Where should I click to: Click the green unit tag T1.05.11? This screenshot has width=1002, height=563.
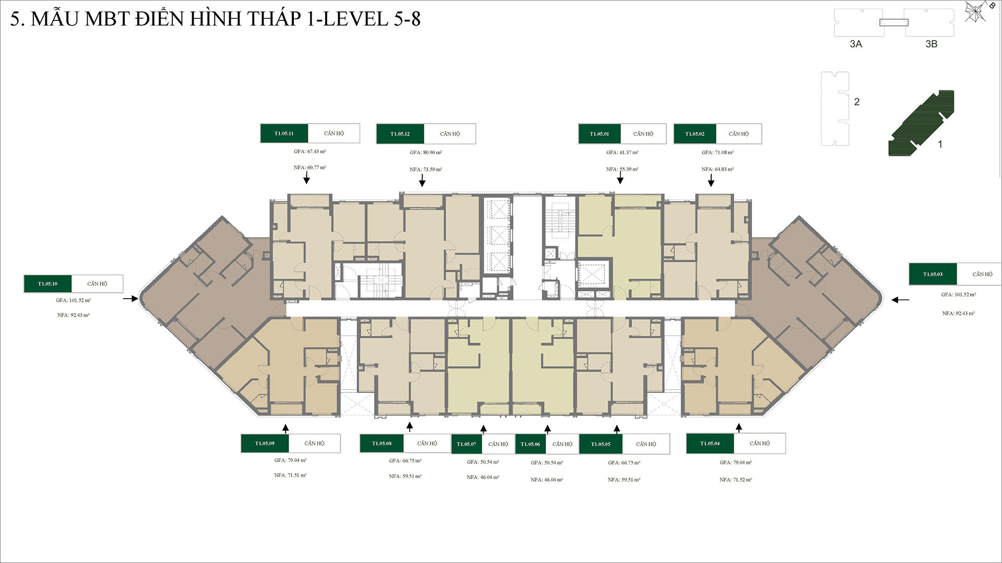click(x=284, y=133)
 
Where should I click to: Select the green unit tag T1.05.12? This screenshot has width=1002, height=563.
click(x=400, y=134)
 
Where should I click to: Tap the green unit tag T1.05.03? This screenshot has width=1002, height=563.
click(x=933, y=274)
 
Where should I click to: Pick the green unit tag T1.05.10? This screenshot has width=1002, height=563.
click(x=47, y=284)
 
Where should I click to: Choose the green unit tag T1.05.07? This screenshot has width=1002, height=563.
click(x=467, y=444)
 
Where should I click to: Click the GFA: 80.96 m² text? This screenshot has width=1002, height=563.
click(x=426, y=153)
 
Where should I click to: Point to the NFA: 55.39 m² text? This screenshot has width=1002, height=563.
click(x=622, y=169)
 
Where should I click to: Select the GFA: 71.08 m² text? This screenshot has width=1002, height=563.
click(x=718, y=153)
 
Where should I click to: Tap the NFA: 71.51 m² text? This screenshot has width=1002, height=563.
click(x=290, y=475)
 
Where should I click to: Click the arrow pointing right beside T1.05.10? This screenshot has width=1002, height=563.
click(x=130, y=299)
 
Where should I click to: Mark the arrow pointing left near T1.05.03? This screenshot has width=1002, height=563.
click(x=900, y=300)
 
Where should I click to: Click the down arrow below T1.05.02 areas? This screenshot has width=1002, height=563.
click(x=711, y=180)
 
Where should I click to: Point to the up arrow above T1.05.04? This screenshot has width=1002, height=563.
click(x=738, y=427)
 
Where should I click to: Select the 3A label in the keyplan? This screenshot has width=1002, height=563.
click(x=856, y=44)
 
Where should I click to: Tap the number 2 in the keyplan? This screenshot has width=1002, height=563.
click(x=856, y=102)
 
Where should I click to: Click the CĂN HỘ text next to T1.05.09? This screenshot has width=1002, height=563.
click(x=314, y=444)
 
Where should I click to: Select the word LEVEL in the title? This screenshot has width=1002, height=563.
click(x=356, y=19)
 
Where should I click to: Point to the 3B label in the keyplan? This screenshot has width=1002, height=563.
click(x=931, y=44)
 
